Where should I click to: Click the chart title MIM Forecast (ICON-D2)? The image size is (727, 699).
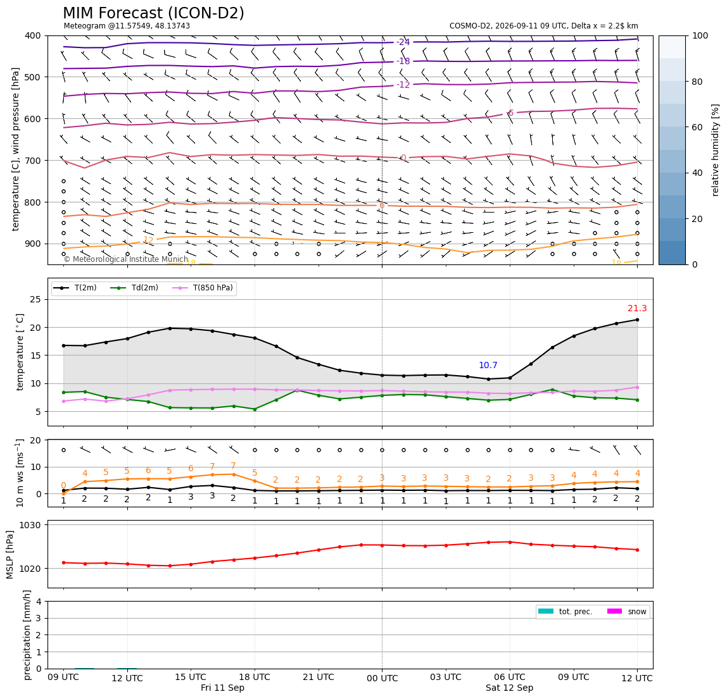click(x=153, y=13)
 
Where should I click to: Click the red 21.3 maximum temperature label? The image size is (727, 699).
click(x=637, y=308)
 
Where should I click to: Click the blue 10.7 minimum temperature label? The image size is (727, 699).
click(x=488, y=365)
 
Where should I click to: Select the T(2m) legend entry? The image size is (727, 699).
click(x=75, y=288)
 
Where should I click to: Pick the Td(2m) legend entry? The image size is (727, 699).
click(x=134, y=288)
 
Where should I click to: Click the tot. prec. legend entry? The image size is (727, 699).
click(x=565, y=612)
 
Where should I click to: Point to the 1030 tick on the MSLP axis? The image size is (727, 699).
click(x=30, y=525)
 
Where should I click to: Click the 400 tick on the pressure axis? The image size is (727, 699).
click(x=34, y=35)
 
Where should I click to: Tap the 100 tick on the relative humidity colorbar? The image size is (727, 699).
click(x=700, y=35)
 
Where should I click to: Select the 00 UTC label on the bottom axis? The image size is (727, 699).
click(x=382, y=678)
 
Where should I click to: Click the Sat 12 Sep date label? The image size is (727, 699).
click(x=510, y=688)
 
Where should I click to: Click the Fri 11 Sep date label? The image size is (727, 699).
click(x=222, y=688)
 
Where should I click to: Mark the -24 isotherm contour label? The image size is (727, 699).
click(x=403, y=42)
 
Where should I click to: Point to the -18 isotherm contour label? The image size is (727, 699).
click(x=403, y=61)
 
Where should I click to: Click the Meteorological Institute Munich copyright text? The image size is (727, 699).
click(x=126, y=259)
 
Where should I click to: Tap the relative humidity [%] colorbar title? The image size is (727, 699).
click(x=716, y=151)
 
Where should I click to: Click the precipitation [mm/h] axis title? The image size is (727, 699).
click(x=27, y=635)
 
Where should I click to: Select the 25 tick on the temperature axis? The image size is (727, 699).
click(x=36, y=300)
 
